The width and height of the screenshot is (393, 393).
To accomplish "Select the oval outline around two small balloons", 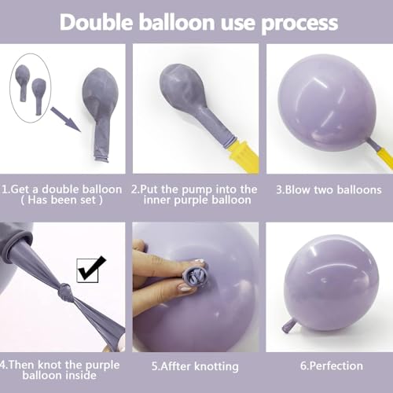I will pos(30,89).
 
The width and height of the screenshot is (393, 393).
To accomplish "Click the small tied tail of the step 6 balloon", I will pos(288,324).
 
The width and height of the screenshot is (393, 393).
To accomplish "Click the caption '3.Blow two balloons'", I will pos(329,189).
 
